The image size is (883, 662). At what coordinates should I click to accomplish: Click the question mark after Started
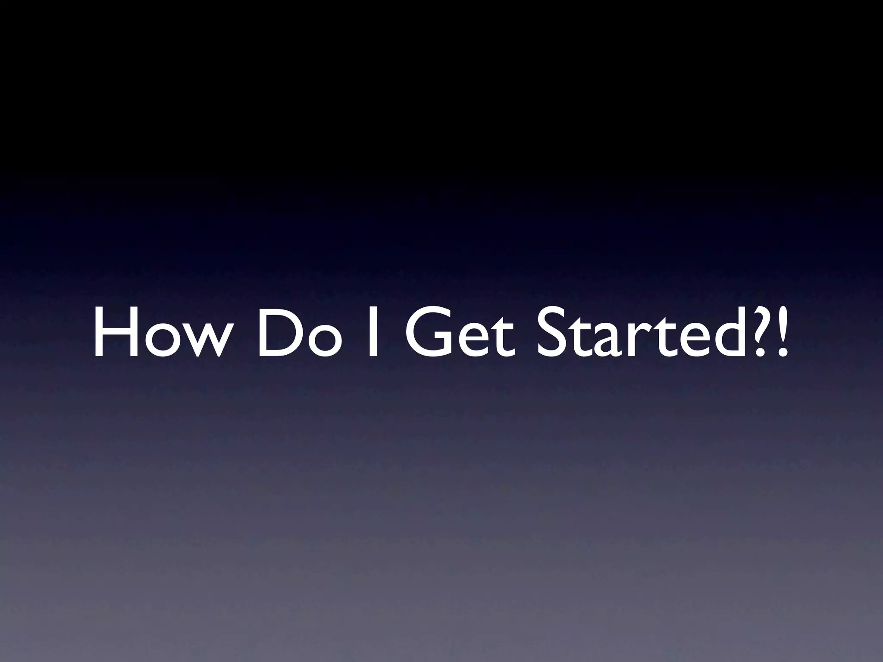pyautogui.click(x=761, y=332)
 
